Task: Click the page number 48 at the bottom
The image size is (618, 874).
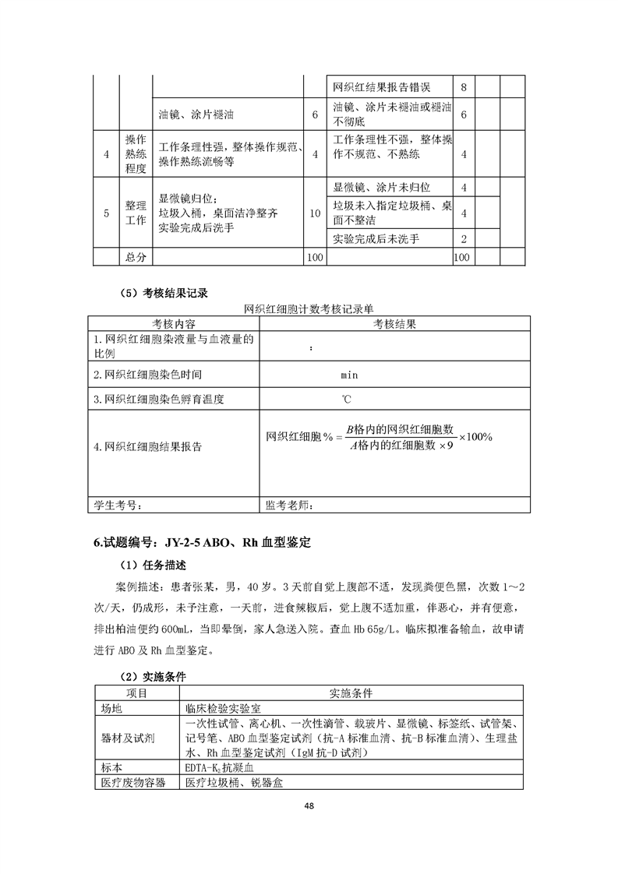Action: point(309,806)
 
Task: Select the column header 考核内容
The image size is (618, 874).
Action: point(173,324)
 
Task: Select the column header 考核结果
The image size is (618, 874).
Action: point(394,324)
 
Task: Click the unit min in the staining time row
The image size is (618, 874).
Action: point(349,375)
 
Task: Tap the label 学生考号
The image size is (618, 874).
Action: point(117,506)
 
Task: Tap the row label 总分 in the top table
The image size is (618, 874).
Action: point(136,256)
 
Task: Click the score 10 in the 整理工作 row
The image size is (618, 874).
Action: point(314,213)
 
